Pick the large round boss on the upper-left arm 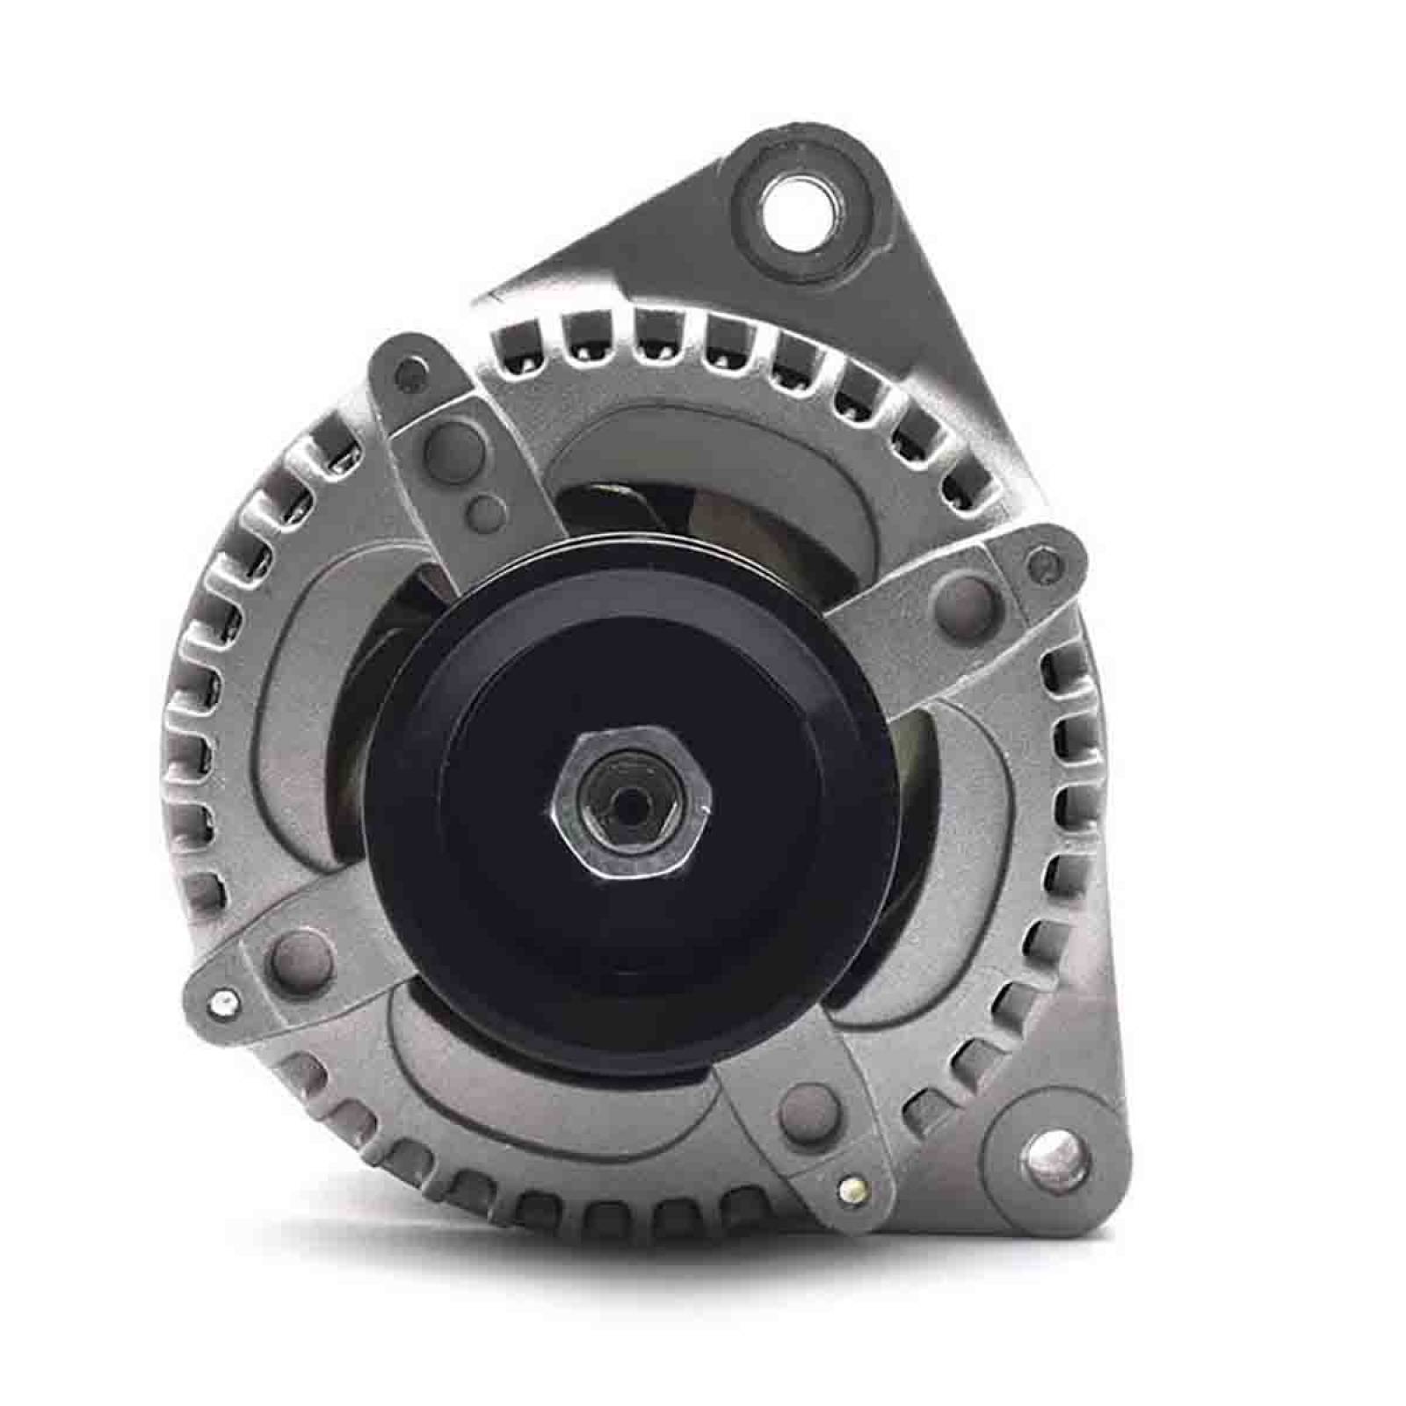tap(442, 443)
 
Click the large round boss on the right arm tap(964, 596)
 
